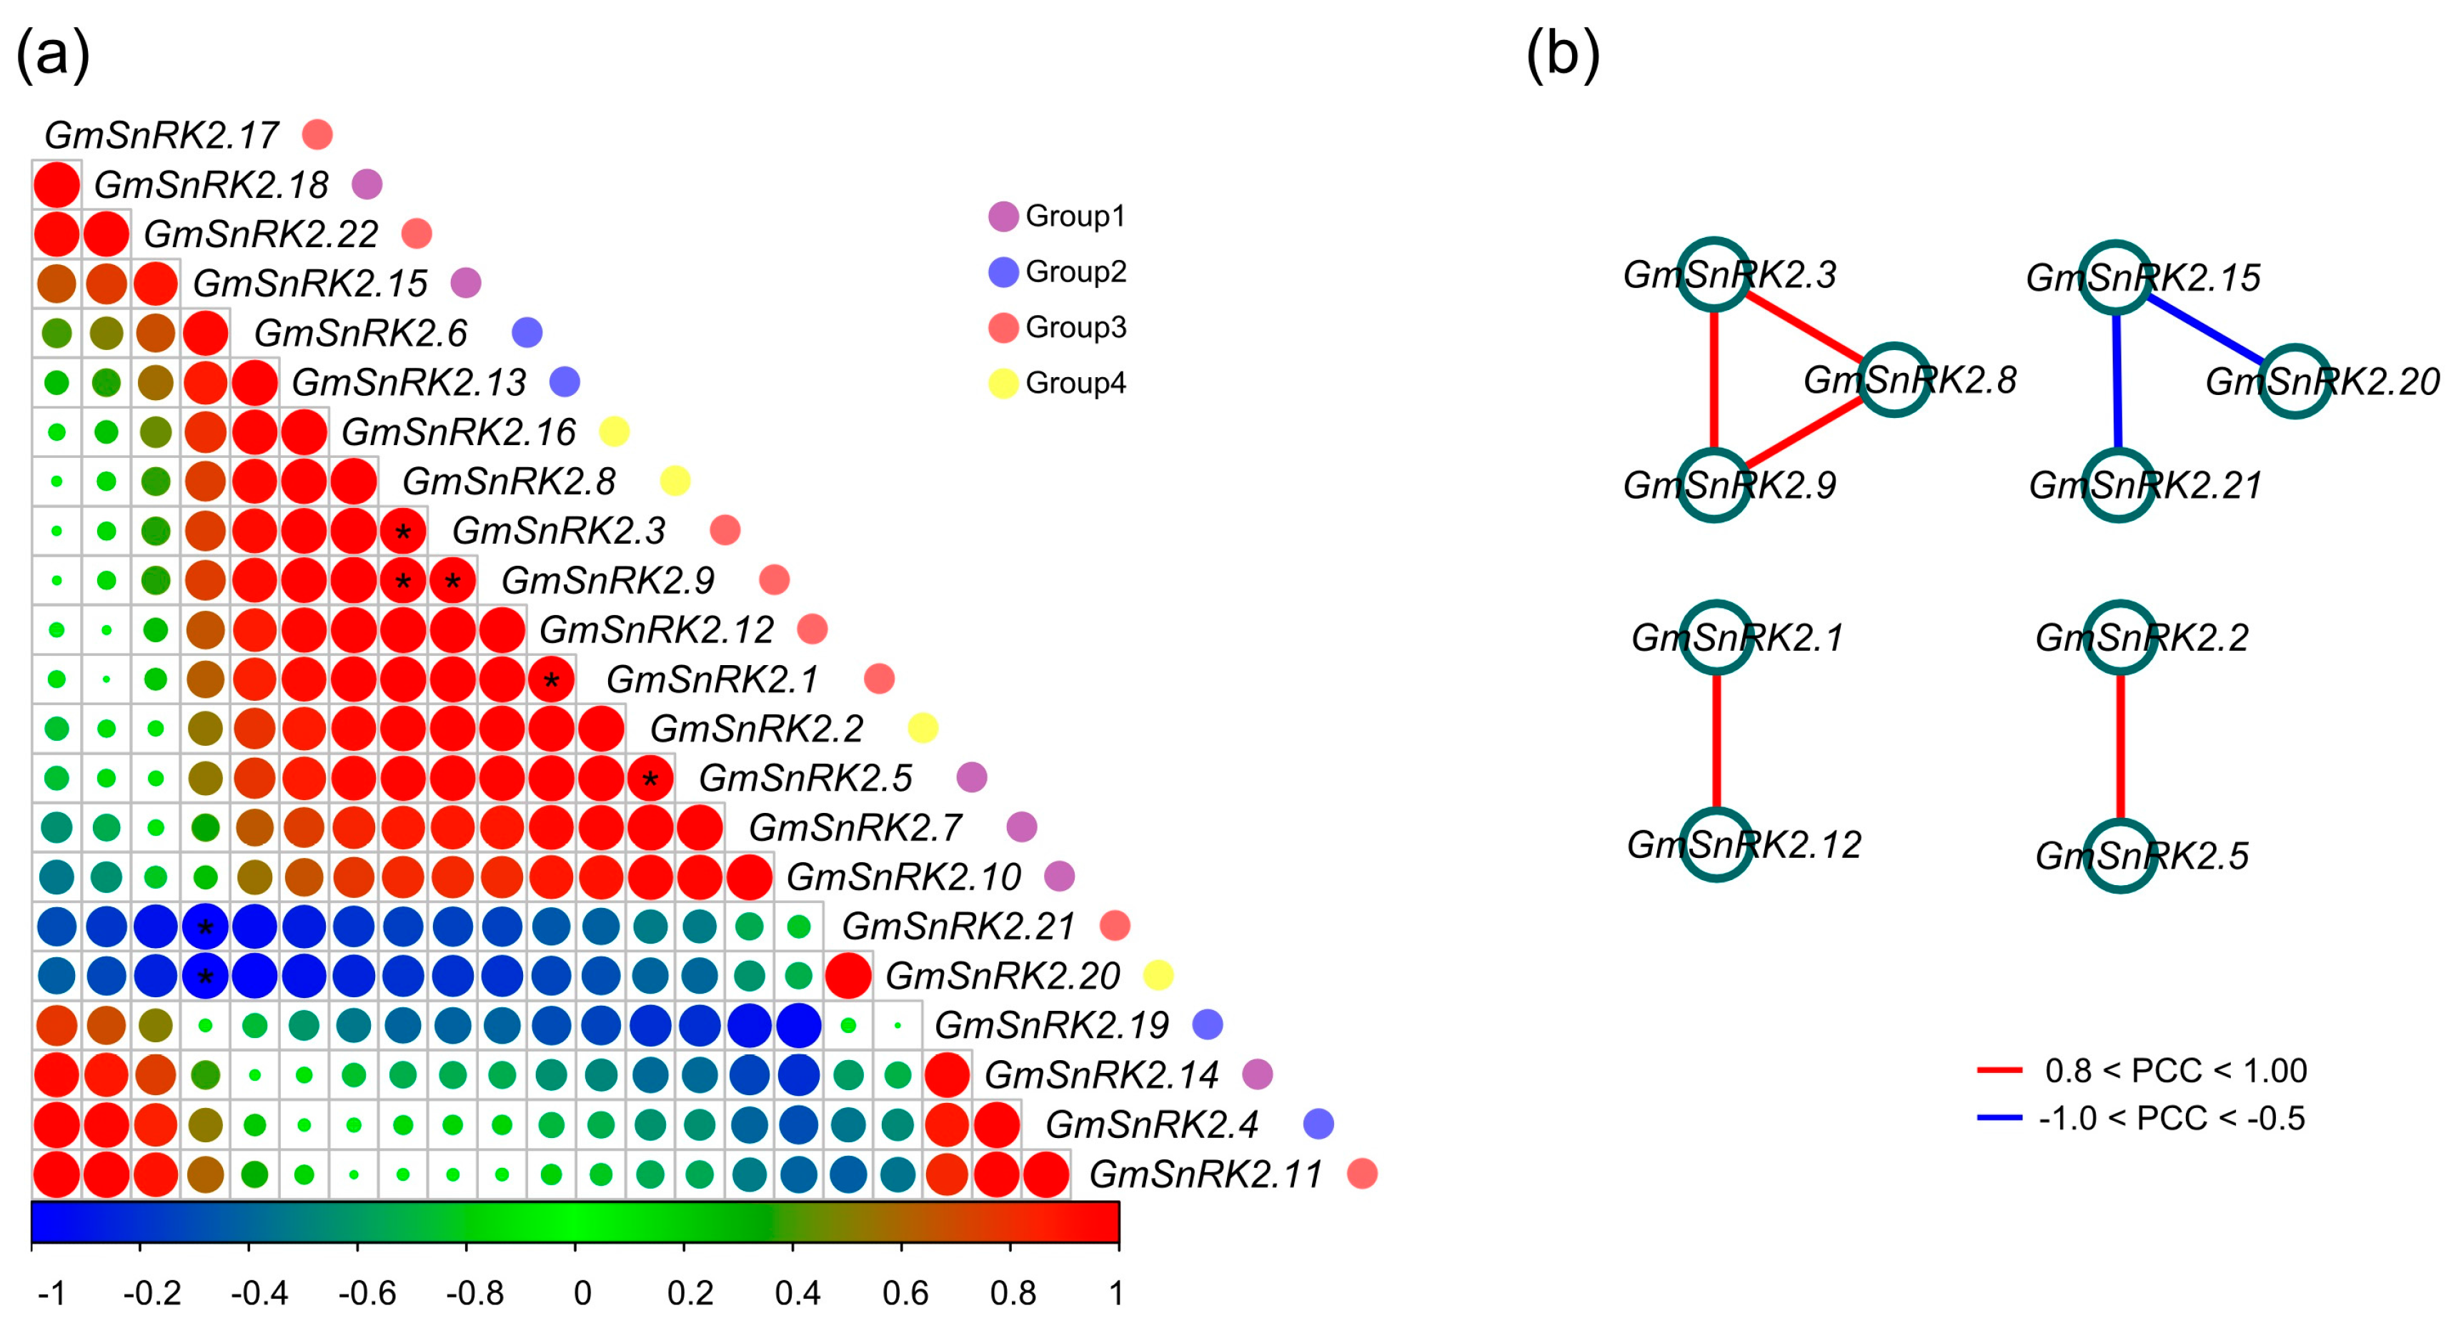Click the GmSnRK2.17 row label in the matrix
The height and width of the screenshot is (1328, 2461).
click(161, 135)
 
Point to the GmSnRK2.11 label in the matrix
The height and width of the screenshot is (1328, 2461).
click(1205, 1173)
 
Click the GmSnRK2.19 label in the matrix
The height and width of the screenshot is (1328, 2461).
click(1051, 1024)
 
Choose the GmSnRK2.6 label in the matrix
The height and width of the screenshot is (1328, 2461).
click(360, 332)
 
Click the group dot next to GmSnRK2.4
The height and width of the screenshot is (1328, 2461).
click(1318, 1124)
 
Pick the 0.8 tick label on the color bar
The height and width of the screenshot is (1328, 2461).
click(1012, 1293)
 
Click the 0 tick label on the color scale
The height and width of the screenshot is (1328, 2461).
click(582, 1293)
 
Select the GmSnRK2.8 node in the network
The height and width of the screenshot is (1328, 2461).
click(1894, 379)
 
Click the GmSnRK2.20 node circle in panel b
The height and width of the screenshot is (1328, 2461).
click(2295, 381)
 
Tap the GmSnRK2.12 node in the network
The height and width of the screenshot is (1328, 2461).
click(1717, 844)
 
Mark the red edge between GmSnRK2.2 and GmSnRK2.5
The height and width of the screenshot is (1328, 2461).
click(2120, 745)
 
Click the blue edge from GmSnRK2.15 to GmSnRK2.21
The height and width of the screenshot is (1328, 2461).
click(2117, 382)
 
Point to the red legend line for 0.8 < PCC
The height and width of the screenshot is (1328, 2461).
click(1999, 1070)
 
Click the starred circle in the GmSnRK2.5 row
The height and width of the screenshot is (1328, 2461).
click(650, 778)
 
